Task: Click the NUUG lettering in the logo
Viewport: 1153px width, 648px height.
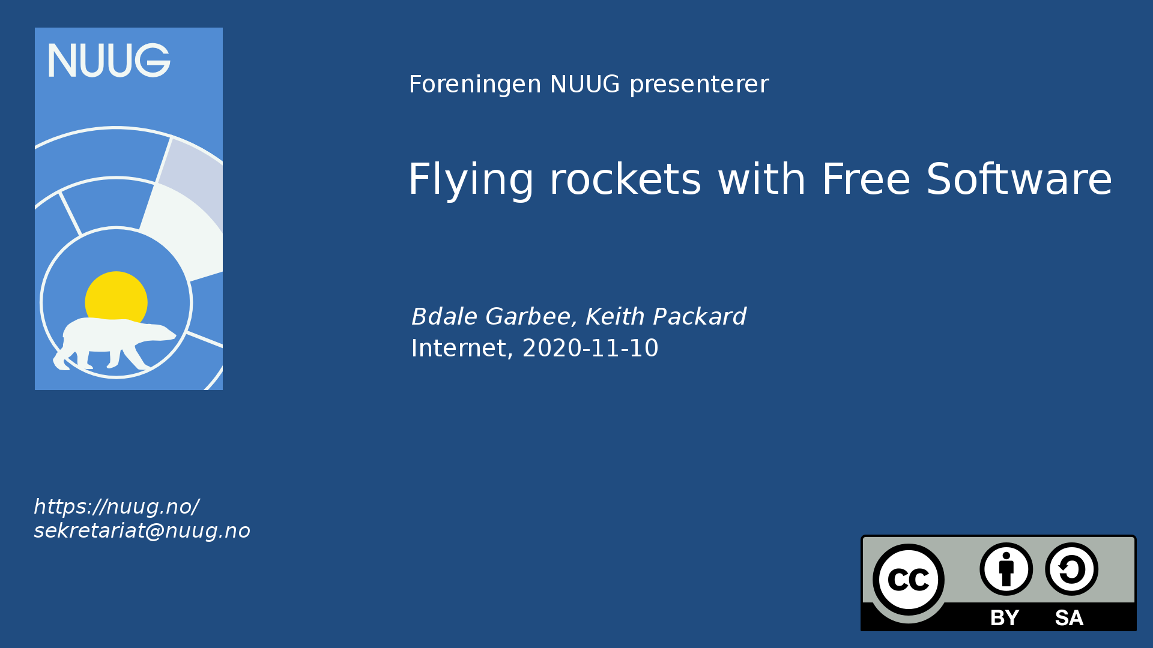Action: [109, 60]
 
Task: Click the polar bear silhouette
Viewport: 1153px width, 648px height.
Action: [115, 344]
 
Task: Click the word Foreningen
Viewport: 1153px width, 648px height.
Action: [475, 85]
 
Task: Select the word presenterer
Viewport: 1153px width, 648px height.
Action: [699, 85]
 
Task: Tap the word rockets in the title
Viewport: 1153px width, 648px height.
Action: [626, 180]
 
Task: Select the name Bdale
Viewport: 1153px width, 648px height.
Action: [444, 316]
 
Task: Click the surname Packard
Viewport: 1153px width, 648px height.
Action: [700, 316]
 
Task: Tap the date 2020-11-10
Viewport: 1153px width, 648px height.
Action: [590, 348]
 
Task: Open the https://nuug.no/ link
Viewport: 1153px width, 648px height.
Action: [117, 507]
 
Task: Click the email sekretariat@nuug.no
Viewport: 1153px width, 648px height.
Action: [142, 531]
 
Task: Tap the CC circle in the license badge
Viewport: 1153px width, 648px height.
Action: [908, 580]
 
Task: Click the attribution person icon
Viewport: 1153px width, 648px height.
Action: [1006, 569]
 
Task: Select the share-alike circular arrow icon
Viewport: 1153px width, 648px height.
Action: [1071, 569]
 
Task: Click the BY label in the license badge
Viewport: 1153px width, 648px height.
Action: [1005, 618]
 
